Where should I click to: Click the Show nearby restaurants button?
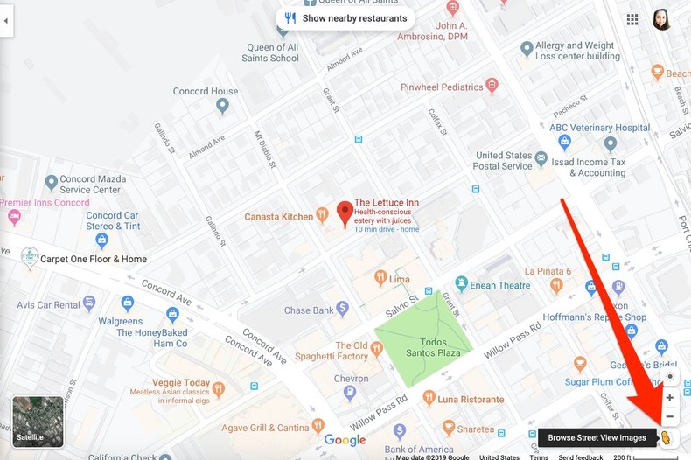345,18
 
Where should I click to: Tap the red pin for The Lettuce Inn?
345,212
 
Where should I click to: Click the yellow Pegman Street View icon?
666,437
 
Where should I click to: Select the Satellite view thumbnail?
38,422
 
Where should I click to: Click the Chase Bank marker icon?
342,308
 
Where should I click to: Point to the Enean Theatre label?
501,285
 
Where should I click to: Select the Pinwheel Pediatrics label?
442,87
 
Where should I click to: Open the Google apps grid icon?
632,19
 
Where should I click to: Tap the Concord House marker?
222,106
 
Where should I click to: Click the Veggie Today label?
181,383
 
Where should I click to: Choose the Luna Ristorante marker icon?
429,398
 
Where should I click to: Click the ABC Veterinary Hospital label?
599,128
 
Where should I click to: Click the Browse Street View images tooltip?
597,437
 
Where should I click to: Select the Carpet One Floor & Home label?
94,259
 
